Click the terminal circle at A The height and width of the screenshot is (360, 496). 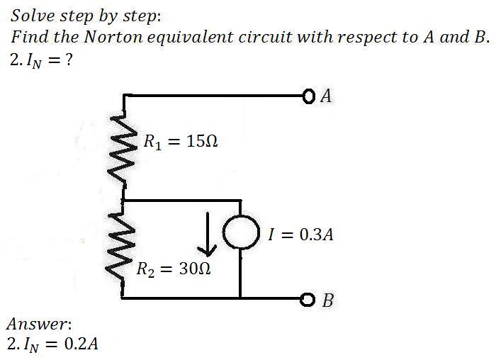pos(307,95)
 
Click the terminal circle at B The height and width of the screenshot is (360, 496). pos(308,298)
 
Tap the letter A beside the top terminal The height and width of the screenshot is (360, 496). pos(325,96)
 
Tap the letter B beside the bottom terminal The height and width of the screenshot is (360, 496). pos(327,300)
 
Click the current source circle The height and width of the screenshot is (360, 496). pos(241,232)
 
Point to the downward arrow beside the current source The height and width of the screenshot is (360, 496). pos(207,235)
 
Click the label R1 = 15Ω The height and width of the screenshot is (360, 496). pos(180,140)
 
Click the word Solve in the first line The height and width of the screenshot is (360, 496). pos(30,15)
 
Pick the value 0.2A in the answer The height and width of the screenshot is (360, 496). pos(81,345)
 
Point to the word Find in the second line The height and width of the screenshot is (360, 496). pos(28,37)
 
